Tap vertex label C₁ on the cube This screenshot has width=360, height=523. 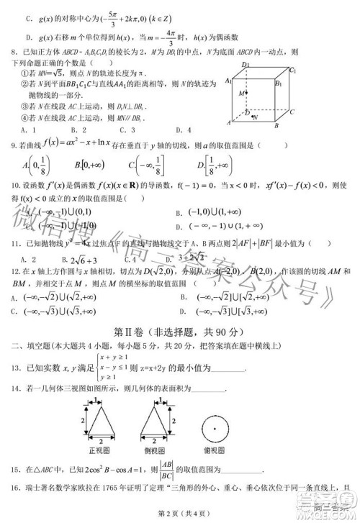click(x=292, y=71)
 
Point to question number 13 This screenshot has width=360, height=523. click(x=13, y=367)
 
